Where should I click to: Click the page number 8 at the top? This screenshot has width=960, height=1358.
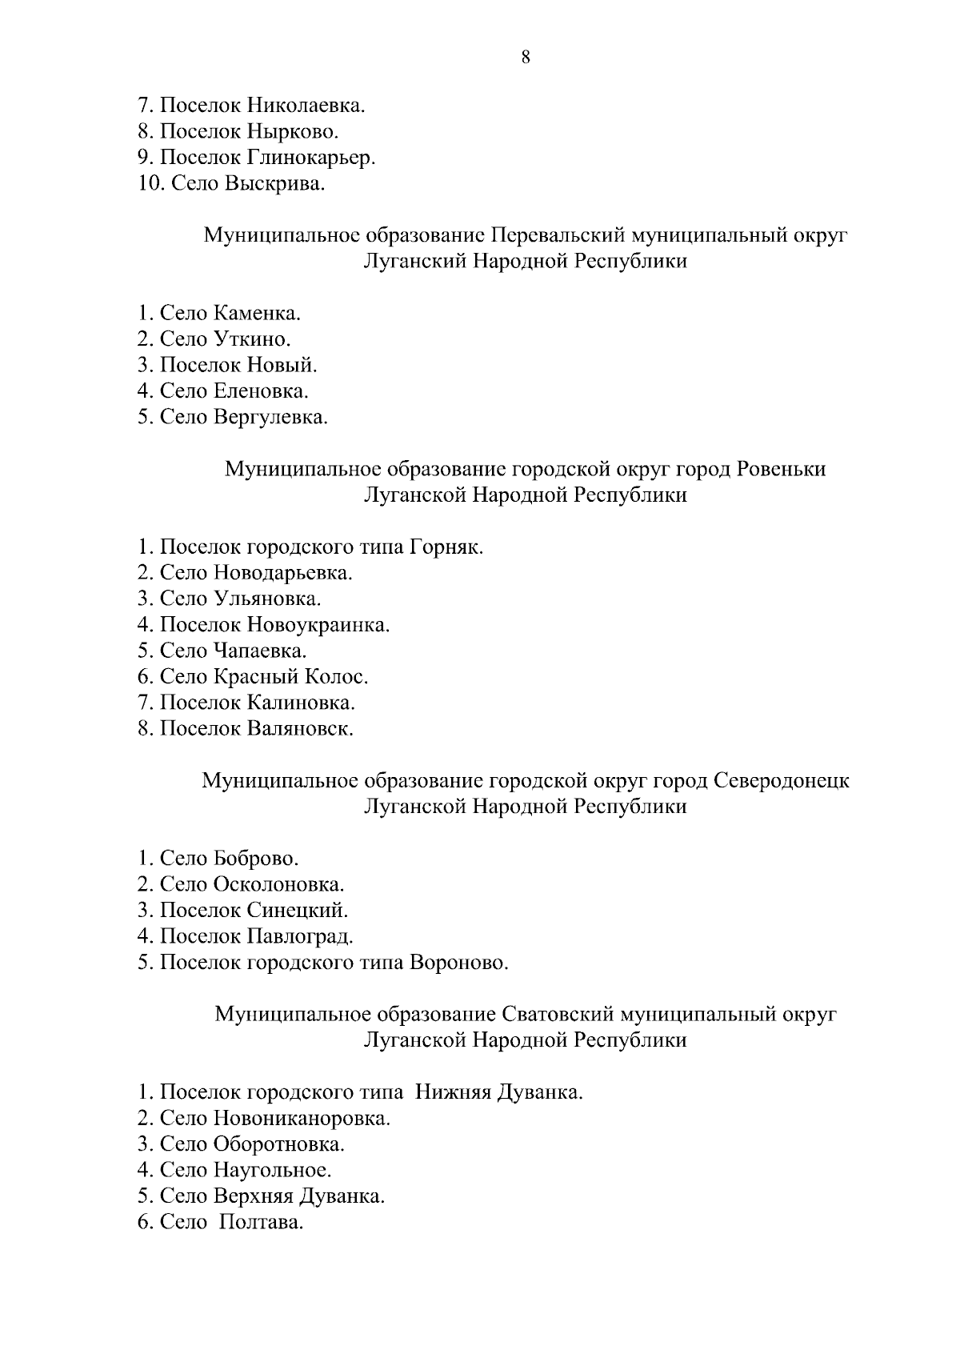click(x=526, y=57)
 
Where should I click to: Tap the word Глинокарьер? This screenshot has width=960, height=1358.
click(x=311, y=158)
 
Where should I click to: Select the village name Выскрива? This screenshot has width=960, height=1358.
click(x=275, y=184)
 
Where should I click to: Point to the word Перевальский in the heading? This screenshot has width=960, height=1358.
click(x=557, y=235)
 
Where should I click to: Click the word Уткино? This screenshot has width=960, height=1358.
click(x=252, y=339)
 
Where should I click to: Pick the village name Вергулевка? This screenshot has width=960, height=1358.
click(x=270, y=417)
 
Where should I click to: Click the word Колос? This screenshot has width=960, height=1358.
click(x=334, y=677)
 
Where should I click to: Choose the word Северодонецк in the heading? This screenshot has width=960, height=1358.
click(x=781, y=780)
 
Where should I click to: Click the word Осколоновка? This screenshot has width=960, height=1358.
click(x=279, y=885)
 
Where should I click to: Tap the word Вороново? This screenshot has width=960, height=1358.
click(x=458, y=963)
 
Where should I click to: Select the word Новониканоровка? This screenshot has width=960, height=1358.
click(x=302, y=1119)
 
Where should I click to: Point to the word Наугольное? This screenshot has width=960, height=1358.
click(x=272, y=1171)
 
